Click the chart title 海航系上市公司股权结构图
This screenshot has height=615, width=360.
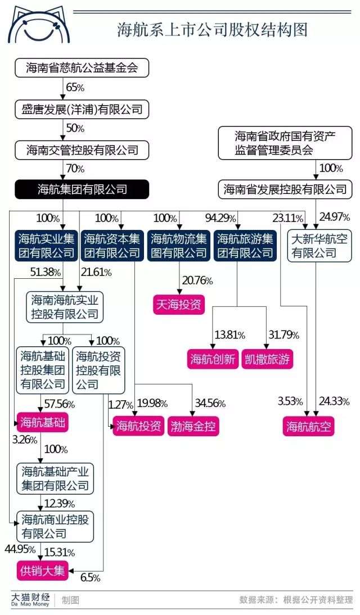(213, 30)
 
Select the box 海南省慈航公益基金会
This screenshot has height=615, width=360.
(82, 69)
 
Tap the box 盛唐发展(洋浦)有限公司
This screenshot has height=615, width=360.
(82, 109)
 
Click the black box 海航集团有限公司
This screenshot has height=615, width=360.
(82, 189)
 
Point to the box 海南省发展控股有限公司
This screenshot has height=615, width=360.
(285, 189)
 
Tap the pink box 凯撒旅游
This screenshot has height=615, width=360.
(268, 359)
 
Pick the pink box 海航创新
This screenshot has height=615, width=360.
(213, 359)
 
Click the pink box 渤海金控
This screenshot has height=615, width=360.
(193, 426)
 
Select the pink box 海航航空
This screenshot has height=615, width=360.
(308, 426)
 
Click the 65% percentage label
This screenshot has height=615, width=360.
(75, 88)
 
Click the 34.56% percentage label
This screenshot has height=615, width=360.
(210, 404)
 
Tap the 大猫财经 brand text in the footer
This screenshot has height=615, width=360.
(32, 598)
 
